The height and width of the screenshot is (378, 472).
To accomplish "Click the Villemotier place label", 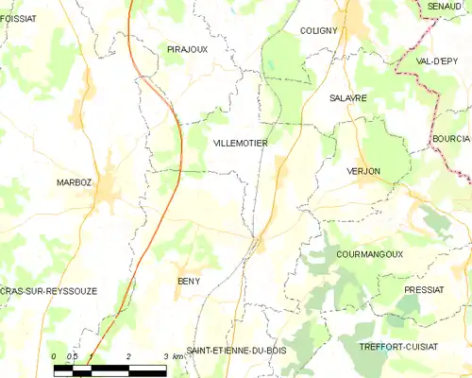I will click(241, 143).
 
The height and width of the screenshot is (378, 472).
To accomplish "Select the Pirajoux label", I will click(187, 48).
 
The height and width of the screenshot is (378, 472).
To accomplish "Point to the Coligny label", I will click(318, 30).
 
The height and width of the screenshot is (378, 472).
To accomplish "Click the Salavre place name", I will click(347, 97).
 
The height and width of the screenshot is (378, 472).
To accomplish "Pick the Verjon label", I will click(362, 171).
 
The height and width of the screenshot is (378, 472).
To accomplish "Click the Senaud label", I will click(444, 7).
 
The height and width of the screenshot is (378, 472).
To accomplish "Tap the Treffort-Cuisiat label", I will click(398, 347).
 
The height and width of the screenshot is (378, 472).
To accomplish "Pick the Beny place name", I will click(189, 281).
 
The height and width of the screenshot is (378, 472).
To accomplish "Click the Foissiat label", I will click(19, 16).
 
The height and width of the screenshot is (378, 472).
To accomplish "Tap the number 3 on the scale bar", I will click(164, 355).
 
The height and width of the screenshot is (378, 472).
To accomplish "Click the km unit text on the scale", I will click(177, 355).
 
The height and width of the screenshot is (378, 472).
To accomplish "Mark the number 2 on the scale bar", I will click(127, 355).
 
